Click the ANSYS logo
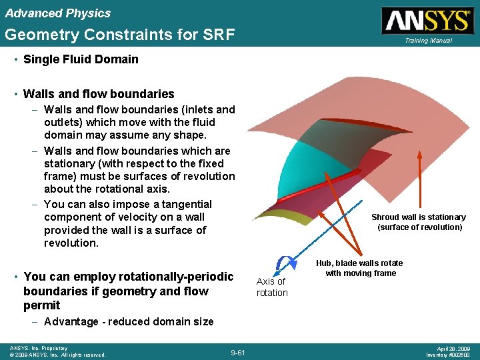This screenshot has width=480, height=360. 427,20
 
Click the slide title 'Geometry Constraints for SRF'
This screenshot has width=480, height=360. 119,35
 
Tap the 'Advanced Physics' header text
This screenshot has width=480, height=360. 57,13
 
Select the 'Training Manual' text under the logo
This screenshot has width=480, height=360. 427,41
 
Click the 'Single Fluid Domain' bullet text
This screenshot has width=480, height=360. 81,59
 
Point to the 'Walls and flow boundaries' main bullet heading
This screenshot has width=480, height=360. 99,94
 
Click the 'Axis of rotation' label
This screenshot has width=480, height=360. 272,287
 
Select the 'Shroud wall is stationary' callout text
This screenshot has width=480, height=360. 418,217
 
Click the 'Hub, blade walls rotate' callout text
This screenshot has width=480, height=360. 360,263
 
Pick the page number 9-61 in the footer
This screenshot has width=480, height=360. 238,351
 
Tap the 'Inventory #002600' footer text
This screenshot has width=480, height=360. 448,355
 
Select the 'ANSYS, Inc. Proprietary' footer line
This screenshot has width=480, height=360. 39,348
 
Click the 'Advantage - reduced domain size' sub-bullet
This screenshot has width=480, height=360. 129,321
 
